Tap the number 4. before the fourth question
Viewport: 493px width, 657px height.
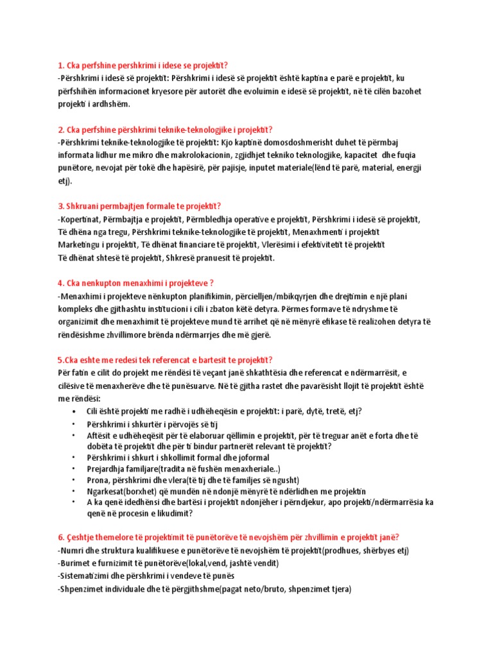[x=61, y=283]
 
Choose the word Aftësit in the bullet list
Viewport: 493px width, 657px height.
[x=100, y=436]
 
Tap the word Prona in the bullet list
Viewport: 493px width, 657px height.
[x=98, y=481]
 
